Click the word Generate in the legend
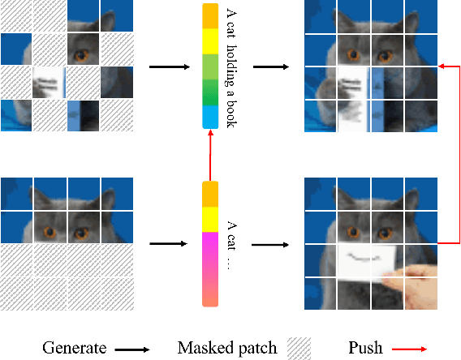pos(75,348)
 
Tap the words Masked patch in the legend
pos(226,348)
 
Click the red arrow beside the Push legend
pos(410,349)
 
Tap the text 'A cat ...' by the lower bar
pos(232,245)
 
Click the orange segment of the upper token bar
pos(209,15)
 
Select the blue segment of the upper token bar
pos(209,118)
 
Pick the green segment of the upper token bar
pos(209,78)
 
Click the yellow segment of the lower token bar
pos(209,217)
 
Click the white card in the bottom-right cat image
pos(365,263)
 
